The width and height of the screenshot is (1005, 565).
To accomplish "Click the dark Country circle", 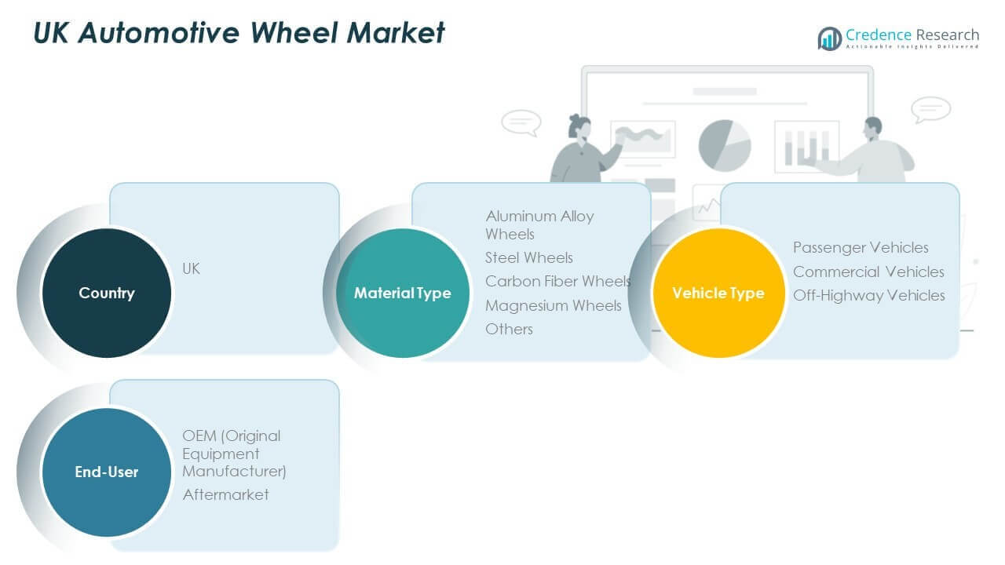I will click(x=106, y=293).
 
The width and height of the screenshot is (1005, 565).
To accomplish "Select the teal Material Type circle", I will click(x=403, y=293).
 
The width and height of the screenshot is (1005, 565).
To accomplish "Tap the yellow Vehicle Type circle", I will click(x=718, y=293).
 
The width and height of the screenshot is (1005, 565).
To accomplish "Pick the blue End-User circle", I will click(x=106, y=472).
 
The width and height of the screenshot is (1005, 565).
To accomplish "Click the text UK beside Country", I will click(x=191, y=268).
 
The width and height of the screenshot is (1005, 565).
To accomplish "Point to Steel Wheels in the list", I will click(x=528, y=257).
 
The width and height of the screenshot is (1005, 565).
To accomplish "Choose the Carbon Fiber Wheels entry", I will click(x=557, y=281).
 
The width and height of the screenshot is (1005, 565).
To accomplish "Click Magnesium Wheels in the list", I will click(x=553, y=305).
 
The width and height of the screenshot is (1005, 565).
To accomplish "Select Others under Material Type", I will click(x=509, y=329).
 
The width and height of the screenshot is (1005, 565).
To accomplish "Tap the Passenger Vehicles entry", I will click(x=861, y=247).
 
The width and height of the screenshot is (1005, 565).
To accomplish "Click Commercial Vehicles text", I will click(x=868, y=272).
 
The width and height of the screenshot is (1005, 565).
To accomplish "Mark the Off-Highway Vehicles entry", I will click(x=868, y=295).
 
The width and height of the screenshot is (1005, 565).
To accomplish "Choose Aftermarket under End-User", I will click(x=225, y=494).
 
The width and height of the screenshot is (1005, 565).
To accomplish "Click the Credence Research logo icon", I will click(x=829, y=38).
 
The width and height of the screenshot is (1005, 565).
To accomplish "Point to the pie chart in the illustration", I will click(x=724, y=145).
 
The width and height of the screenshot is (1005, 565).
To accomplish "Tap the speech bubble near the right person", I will click(x=931, y=109).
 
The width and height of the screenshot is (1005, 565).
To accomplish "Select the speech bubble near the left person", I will click(x=521, y=122).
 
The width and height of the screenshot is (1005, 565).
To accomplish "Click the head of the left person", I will click(x=579, y=126).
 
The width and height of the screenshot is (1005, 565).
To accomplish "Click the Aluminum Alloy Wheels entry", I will click(x=539, y=224).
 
